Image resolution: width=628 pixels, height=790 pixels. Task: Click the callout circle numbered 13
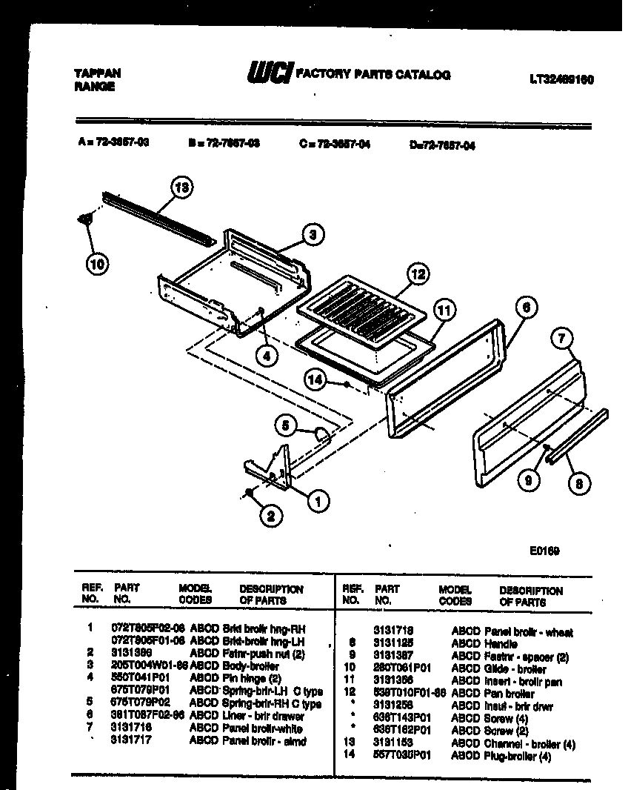pyautogui.click(x=181, y=187)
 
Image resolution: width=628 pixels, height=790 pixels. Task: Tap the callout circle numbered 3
pyautogui.click(x=314, y=235)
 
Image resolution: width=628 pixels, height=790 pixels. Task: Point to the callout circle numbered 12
pyautogui.click(x=418, y=274)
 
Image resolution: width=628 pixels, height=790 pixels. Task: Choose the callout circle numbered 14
pyautogui.click(x=317, y=379)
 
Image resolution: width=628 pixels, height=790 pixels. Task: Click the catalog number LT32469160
pyautogui.click(x=562, y=79)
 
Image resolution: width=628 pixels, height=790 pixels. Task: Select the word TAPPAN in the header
pyautogui.click(x=96, y=73)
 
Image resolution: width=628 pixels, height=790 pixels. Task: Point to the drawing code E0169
pyautogui.click(x=544, y=551)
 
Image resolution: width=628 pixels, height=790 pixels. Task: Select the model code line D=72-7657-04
pyautogui.click(x=441, y=146)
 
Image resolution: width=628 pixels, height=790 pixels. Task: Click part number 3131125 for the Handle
pyautogui.click(x=392, y=644)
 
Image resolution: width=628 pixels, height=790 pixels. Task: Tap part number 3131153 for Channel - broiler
pyautogui.click(x=392, y=743)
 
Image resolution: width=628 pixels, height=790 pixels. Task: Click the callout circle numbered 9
pyautogui.click(x=528, y=481)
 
